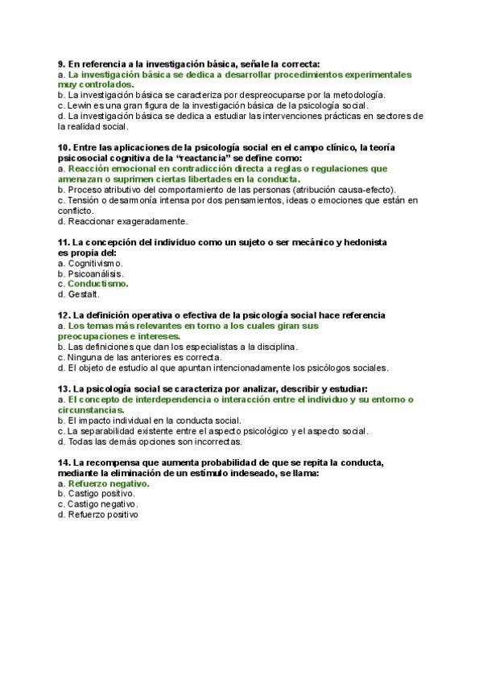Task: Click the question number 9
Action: pos(62,64)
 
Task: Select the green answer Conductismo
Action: pos(98,284)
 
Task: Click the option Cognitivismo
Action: pos(95,263)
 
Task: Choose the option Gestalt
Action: pos(83,294)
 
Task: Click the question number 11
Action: pos(64,242)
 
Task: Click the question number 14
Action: pos(64,462)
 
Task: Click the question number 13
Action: pos(64,388)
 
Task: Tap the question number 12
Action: pos(64,315)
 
